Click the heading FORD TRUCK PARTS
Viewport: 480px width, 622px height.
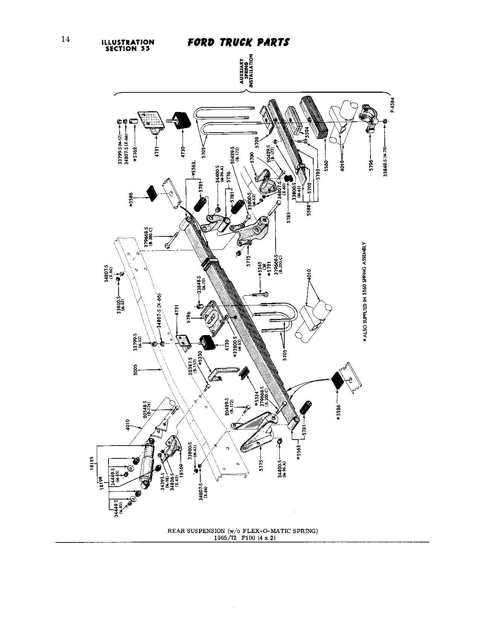[x=239, y=42]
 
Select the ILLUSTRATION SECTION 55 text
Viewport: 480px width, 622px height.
[x=130, y=45]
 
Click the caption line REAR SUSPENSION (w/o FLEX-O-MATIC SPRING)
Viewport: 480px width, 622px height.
[x=243, y=531]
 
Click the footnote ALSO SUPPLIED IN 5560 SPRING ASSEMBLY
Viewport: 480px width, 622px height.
[x=364, y=292]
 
